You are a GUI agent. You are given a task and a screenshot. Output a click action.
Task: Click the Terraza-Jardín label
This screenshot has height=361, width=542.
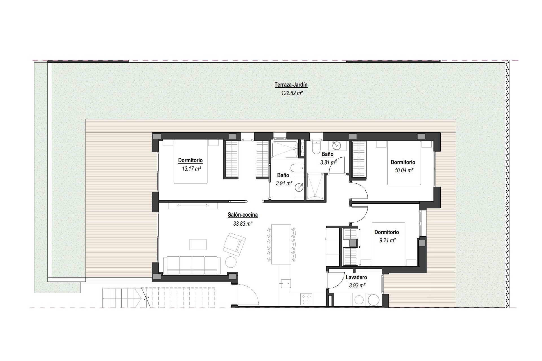(x=291, y=85)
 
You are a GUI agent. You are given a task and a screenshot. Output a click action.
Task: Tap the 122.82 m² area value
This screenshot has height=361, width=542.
(x=292, y=93)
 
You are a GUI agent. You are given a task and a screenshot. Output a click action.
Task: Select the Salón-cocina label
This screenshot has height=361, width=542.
(x=242, y=215)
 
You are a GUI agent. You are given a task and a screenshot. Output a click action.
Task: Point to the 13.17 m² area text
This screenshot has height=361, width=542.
(x=191, y=169)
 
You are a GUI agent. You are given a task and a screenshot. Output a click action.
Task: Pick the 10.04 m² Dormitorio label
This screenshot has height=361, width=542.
(x=403, y=162)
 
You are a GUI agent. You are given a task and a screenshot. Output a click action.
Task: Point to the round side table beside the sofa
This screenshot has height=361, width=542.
(x=231, y=262)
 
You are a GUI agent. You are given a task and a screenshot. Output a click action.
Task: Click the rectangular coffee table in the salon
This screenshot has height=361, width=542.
(x=198, y=244)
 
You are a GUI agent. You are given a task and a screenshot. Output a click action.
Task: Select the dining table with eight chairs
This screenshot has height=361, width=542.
(x=281, y=244)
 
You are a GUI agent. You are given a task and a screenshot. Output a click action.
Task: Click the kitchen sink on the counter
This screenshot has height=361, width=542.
(x=285, y=283)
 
